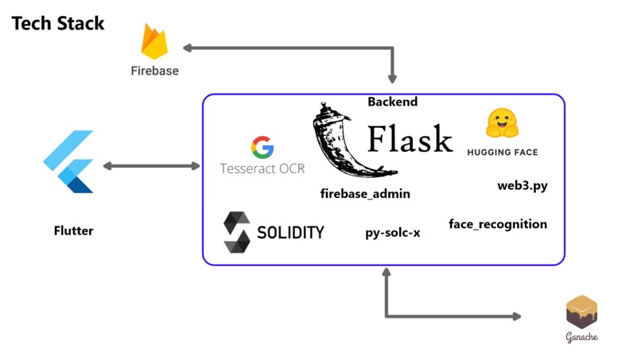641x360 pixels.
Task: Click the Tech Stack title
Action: [58, 23]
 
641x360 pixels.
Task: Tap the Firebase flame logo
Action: [154, 42]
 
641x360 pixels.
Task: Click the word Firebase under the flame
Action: [154, 71]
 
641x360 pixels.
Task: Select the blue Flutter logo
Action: [70, 162]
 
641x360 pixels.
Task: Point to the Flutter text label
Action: [73, 230]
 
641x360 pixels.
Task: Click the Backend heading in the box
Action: [392, 102]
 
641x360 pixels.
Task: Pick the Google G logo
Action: [262, 147]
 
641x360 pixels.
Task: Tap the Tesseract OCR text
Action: [262, 168]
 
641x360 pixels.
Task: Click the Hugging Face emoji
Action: [502, 124]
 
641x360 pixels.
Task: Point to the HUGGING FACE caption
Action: [502, 152]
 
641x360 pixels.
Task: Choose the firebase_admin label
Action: [365, 193]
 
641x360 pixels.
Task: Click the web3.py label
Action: [523, 186]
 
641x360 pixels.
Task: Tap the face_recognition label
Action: [498, 223]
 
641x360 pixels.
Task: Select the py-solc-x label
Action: [393, 233]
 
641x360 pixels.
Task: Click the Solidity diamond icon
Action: [237, 232]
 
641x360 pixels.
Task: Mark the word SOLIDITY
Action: [290, 233]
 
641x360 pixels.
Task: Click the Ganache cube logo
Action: [581, 312]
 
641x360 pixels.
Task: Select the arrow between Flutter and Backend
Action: [151, 166]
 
